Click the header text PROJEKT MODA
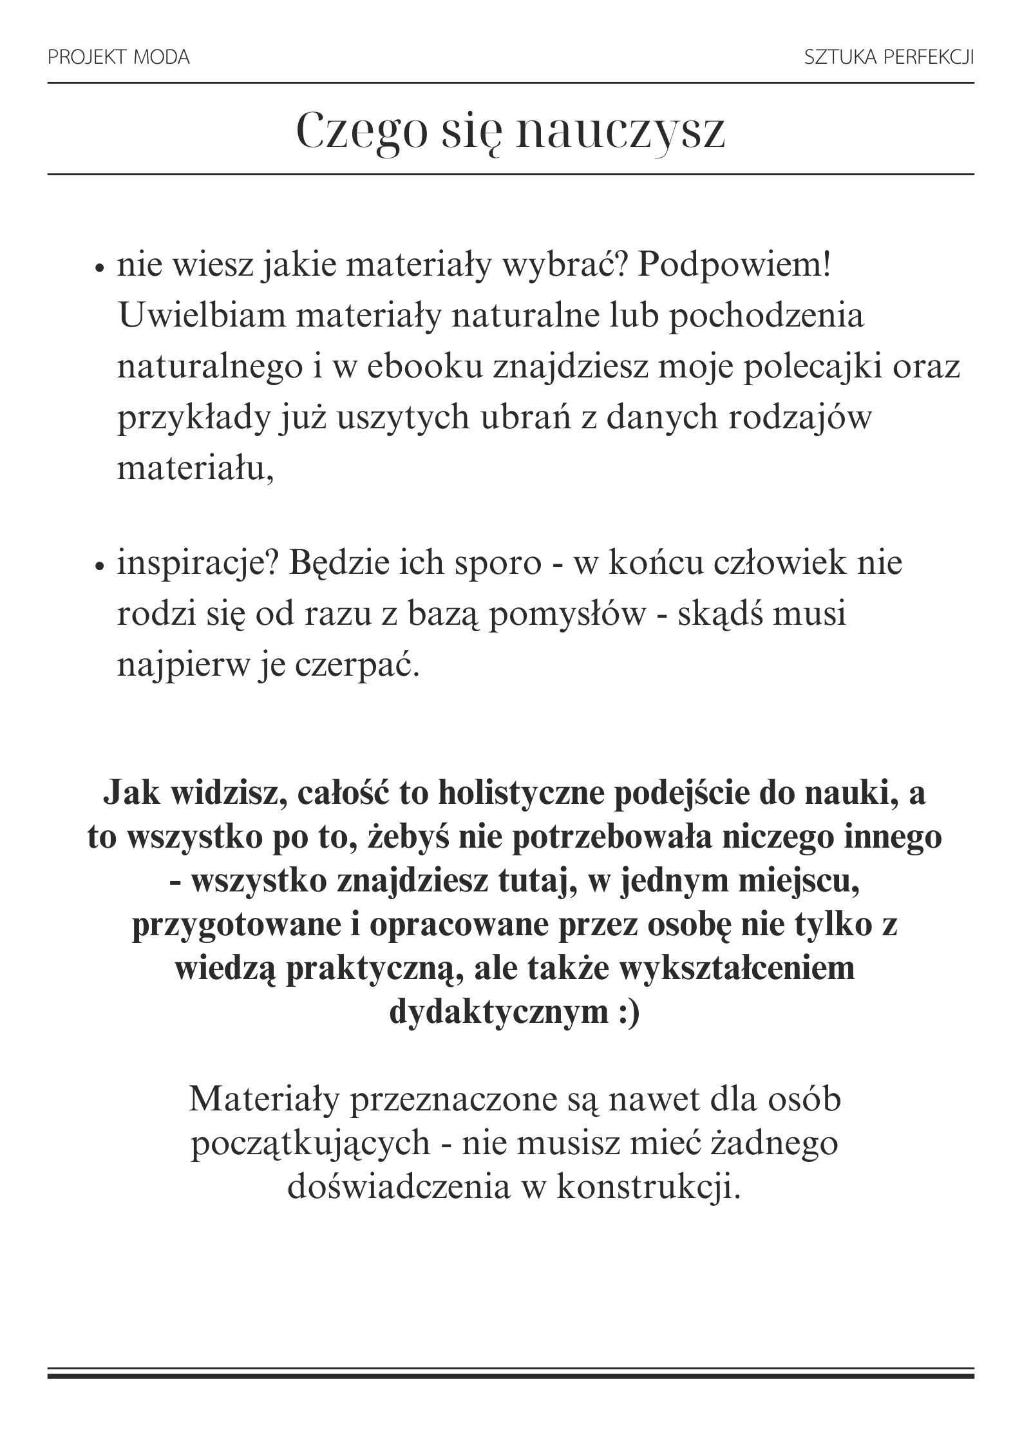(x=118, y=58)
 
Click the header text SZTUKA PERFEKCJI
(x=889, y=58)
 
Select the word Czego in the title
(x=363, y=131)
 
